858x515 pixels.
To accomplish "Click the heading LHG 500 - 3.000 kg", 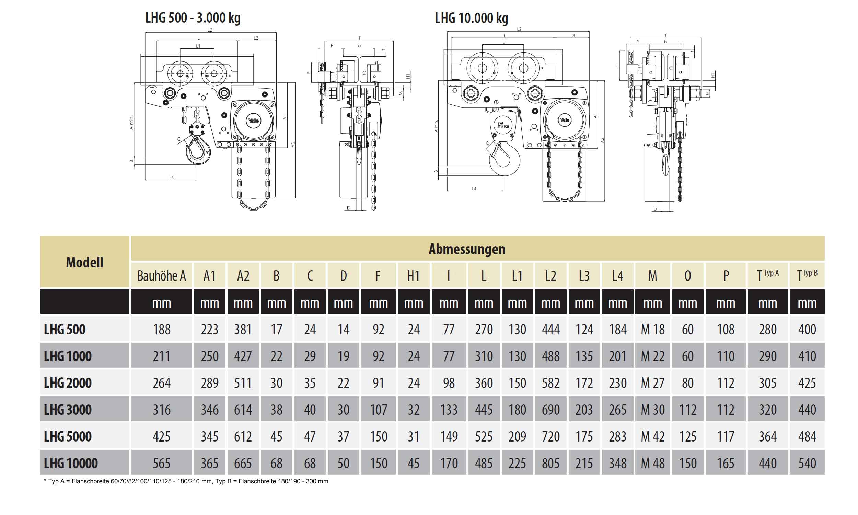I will coord(193,18).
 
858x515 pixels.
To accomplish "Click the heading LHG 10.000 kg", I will coord(471,18).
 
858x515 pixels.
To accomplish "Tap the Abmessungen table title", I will coord(466,249).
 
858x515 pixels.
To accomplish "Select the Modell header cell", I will coord(85,262).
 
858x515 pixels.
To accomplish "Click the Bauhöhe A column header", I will coord(161,276).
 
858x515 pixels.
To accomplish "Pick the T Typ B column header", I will coord(807,276).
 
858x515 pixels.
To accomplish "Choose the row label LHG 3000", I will coord(68,410).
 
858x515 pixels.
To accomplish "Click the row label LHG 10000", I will coord(71,463).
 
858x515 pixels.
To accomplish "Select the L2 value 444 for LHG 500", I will coord(550,329).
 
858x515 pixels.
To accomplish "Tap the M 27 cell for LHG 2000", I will coord(652,383).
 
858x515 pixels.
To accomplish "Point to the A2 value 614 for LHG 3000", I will coord(243,410).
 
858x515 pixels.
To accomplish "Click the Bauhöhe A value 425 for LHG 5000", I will coord(161,437).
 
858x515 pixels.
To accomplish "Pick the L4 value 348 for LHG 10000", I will coord(617,463).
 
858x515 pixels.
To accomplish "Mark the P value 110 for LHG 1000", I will coord(725,356).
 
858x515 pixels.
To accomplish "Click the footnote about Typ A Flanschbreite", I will coord(186,481).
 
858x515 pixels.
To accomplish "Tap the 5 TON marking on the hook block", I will coord(502,125).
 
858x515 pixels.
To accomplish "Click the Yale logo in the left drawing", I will coord(253,121).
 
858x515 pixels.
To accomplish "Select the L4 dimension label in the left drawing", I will coord(171,178).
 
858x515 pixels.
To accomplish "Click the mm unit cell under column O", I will coord(687,303).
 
